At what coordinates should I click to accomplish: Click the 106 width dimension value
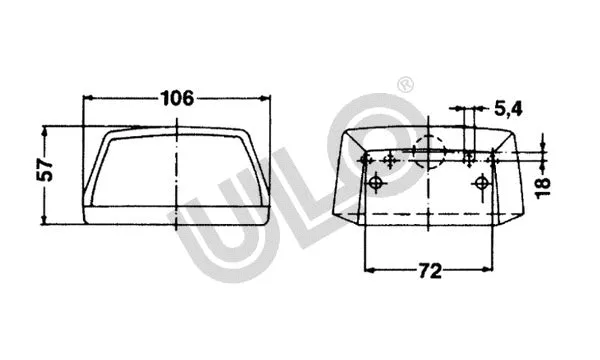pyautogui.click(x=176, y=98)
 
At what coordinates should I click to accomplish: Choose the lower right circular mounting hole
pyautogui.click(x=482, y=183)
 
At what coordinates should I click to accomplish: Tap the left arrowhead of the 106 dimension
pyautogui.click(x=87, y=98)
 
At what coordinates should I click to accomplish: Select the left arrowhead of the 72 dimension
pyautogui.click(x=369, y=270)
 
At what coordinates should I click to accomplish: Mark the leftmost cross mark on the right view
pyautogui.click(x=366, y=160)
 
